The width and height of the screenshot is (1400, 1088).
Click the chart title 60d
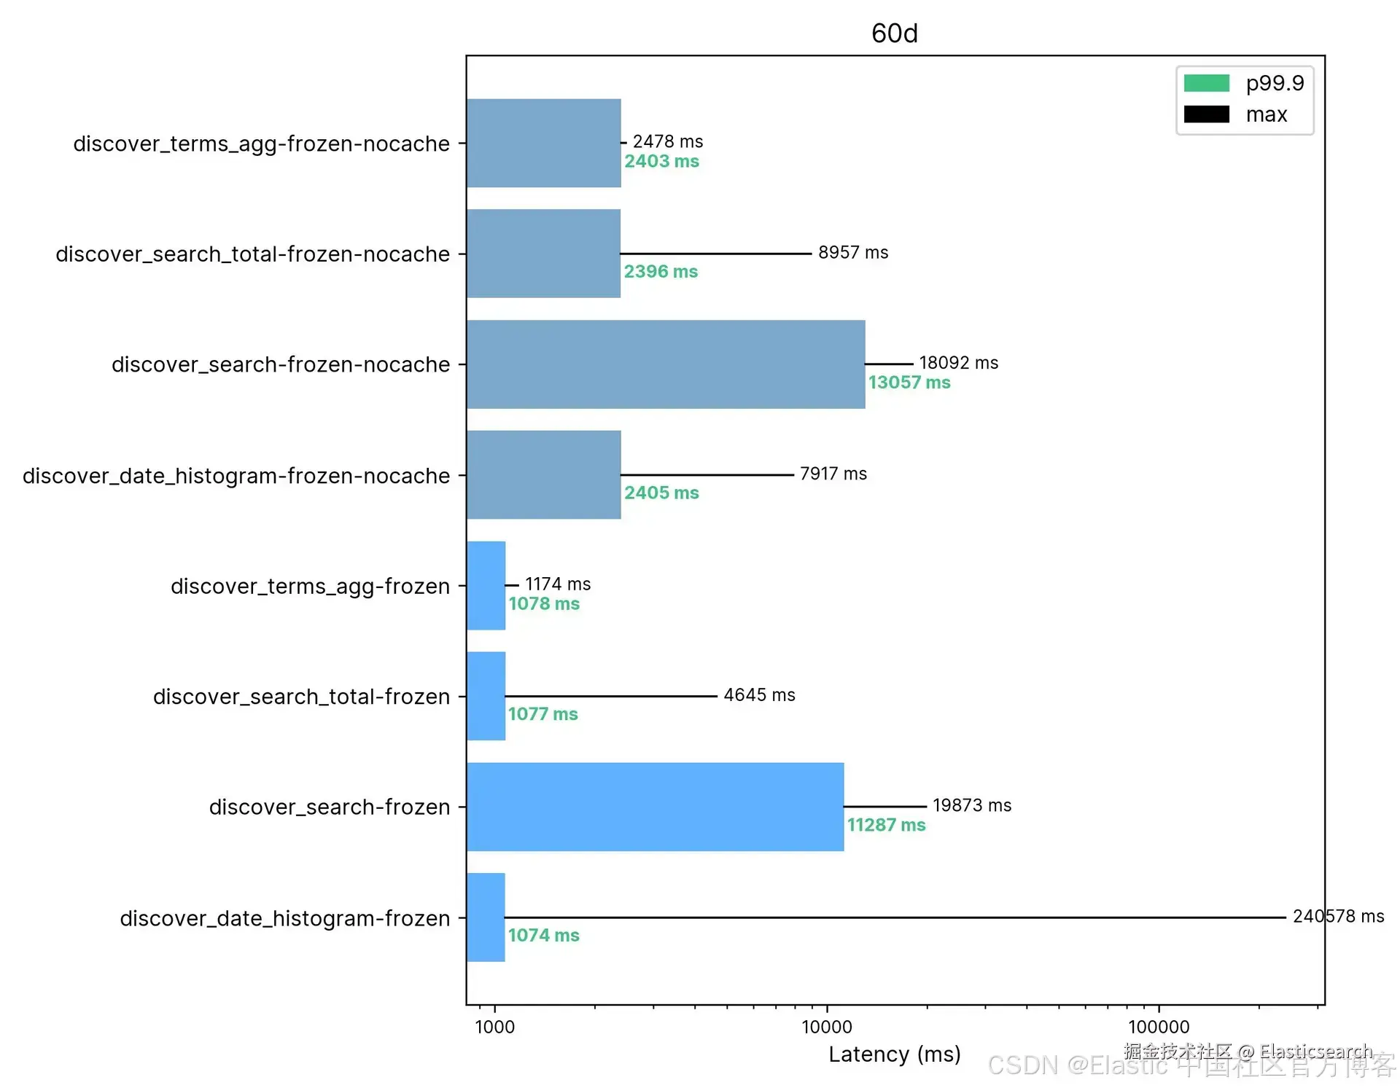894,34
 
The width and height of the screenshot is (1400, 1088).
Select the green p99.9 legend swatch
1206,83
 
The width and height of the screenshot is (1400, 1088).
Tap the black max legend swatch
1206,114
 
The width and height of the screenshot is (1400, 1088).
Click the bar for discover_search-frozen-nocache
665,364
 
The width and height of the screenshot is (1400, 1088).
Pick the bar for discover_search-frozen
655,807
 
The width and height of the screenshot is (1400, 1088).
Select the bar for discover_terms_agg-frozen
486,585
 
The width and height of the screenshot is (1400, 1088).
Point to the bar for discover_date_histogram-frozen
486,917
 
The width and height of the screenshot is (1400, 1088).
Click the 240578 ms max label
1338,916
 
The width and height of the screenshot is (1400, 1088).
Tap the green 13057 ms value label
909,383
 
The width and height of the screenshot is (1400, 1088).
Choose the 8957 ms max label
853,253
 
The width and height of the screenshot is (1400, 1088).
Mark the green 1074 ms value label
543,935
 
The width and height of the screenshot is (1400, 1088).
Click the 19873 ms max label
972,805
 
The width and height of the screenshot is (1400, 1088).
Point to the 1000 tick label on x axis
494,1027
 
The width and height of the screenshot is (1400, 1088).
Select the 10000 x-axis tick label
826,1027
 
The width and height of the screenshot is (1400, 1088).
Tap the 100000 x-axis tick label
1159,1027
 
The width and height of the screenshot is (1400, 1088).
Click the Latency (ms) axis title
894,1054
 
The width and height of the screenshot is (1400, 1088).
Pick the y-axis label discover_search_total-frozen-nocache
252,254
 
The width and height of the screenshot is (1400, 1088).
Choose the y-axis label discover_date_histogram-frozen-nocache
236,476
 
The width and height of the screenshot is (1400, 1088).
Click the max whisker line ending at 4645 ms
611,696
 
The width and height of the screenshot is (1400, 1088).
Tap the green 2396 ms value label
661,272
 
